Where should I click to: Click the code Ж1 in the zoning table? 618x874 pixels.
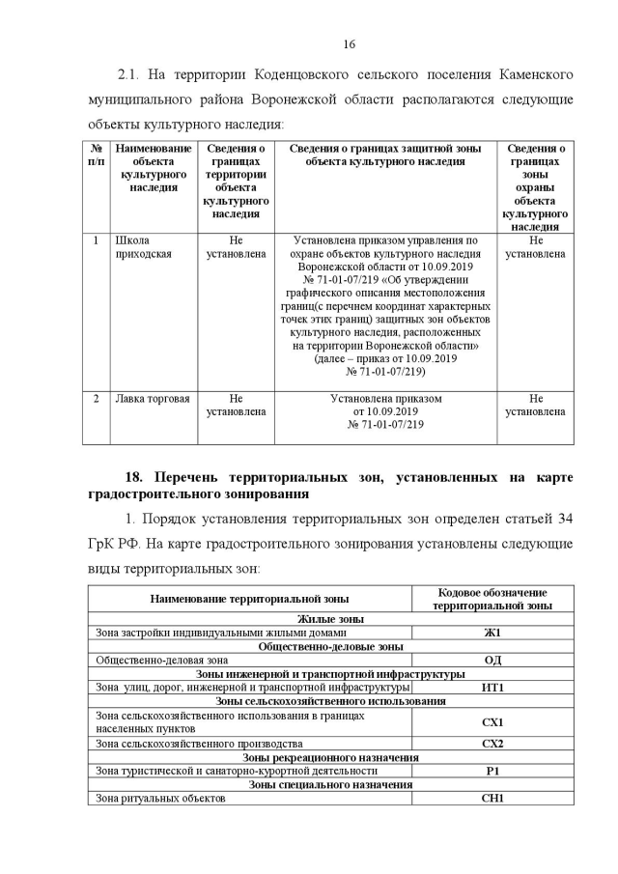tap(492, 633)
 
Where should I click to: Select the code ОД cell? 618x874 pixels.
tap(492, 660)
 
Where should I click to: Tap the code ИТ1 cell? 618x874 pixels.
tap(492, 687)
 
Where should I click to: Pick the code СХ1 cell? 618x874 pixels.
tap(492, 721)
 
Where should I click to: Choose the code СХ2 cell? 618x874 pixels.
tap(492, 744)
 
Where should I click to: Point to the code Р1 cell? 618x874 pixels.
tap(492, 771)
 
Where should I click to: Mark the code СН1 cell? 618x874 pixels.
tap(492, 799)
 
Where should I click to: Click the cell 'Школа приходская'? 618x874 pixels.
tap(143, 247)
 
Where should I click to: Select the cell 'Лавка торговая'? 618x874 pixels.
tap(153, 398)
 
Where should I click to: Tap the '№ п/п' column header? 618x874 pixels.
tap(97, 155)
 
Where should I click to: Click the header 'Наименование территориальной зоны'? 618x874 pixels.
tap(249, 599)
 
